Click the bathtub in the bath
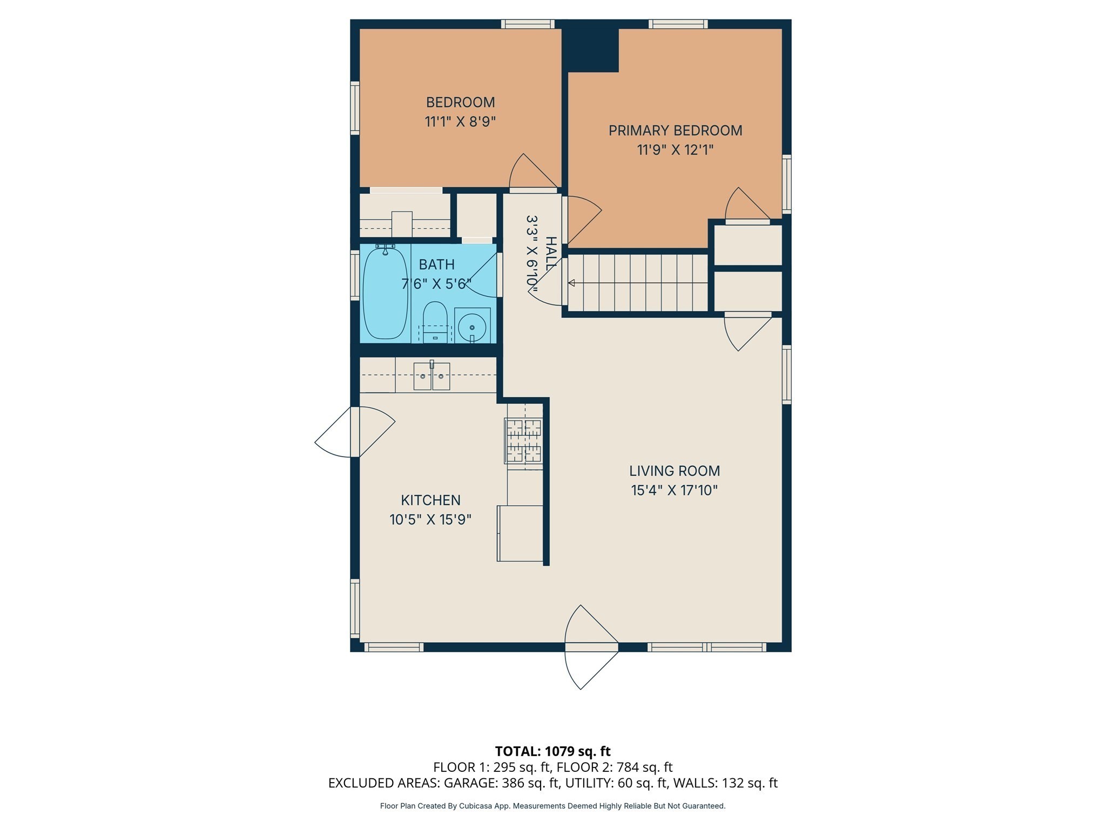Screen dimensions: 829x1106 pyautogui.click(x=385, y=293)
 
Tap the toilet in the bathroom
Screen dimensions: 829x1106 pyautogui.click(x=435, y=322)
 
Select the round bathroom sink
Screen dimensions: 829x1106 pyautogui.click(x=472, y=327)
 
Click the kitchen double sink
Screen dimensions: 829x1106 pyautogui.click(x=431, y=376)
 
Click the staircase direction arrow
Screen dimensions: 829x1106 pyautogui.click(x=571, y=283)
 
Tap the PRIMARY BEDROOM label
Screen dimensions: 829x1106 pyautogui.click(x=675, y=131)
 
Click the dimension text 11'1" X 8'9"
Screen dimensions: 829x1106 pyautogui.click(x=460, y=121)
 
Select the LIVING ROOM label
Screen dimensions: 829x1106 pyautogui.click(x=675, y=471)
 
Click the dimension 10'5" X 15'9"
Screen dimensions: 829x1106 pyautogui.click(x=430, y=520)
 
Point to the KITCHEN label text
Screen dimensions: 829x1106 pyautogui.click(x=430, y=500)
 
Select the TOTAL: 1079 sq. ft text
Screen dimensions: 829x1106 pyautogui.click(x=552, y=751)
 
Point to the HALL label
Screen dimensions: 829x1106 pyautogui.click(x=550, y=254)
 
